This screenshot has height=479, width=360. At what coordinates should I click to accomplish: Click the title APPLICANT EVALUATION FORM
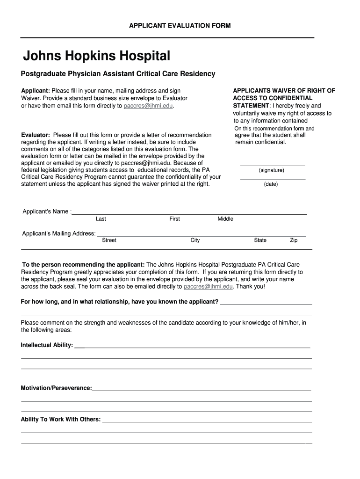[x=180, y=25]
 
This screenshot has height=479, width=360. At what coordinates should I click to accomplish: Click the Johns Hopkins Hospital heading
[x=97, y=57]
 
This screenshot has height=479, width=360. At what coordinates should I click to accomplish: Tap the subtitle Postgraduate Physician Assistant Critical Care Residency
[x=118, y=74]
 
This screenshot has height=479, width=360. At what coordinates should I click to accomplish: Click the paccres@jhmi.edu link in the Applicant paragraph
[x=148, y=106]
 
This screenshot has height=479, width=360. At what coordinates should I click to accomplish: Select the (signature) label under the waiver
[x=271, y=170]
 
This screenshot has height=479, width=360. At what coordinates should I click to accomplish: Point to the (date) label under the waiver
[x=271, y=184]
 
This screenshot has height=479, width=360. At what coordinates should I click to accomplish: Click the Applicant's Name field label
[x=46, y=211]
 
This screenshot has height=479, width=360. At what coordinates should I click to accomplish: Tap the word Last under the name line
[x=101, y=219]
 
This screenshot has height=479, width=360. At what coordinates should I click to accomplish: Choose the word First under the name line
[x=174, y=219]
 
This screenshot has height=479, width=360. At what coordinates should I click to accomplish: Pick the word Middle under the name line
[x=225, y=219]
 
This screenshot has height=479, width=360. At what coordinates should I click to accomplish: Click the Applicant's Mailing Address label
[x=59, y=233]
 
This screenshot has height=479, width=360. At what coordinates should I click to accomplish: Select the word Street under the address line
[x=109, y=240]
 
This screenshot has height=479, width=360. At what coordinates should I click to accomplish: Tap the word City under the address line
[x=195, y=240]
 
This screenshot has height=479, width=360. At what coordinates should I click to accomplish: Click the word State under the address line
[x=260, y=240]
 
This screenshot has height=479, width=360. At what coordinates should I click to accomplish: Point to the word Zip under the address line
[x=294, y=240]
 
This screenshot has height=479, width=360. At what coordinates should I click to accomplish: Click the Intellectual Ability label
[x=47, y=345]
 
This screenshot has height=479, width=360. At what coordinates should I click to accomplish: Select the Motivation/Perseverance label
[x=56, y=388]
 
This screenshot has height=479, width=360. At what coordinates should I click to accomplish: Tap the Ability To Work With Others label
[x=60, y=419]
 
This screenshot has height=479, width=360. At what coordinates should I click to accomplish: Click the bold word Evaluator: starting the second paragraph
[x=36, y=135]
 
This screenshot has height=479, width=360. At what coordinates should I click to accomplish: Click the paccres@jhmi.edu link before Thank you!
[x=208, y=286]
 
